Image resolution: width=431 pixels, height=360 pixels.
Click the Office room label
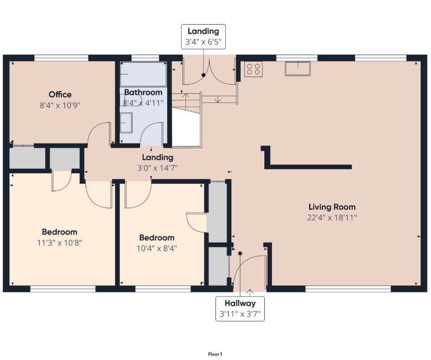click(x=60, y=94)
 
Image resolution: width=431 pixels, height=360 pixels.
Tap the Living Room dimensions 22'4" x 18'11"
click(x=332, y=218)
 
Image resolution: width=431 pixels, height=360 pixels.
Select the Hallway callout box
click(x=240, y=309)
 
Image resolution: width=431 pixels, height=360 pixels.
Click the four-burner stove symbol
click(x=254, y=69)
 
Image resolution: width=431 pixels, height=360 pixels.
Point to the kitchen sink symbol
click(x=297, y=69)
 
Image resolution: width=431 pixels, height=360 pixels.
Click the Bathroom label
click(x=143, y=92)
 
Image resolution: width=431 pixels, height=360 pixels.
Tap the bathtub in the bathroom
click(x=143, y=74)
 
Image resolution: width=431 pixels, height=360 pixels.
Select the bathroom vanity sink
click(x=126, y=123)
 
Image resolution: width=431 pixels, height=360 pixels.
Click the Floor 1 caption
click(x=215, y=354)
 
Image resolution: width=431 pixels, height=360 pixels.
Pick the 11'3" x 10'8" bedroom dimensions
click(x=60, y=243)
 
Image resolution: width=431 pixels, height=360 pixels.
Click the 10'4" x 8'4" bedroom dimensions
click(x=157, y=249)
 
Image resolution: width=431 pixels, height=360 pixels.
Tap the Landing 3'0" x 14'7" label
click(x=158, y=163)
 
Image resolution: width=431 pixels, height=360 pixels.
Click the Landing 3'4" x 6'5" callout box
click(x=203, y=37)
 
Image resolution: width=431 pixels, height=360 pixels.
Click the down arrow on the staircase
click(x=218, y=99)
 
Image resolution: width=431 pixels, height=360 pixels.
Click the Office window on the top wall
click(x=61, y=58)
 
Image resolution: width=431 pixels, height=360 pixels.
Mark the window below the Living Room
click(x=348, y=289)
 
